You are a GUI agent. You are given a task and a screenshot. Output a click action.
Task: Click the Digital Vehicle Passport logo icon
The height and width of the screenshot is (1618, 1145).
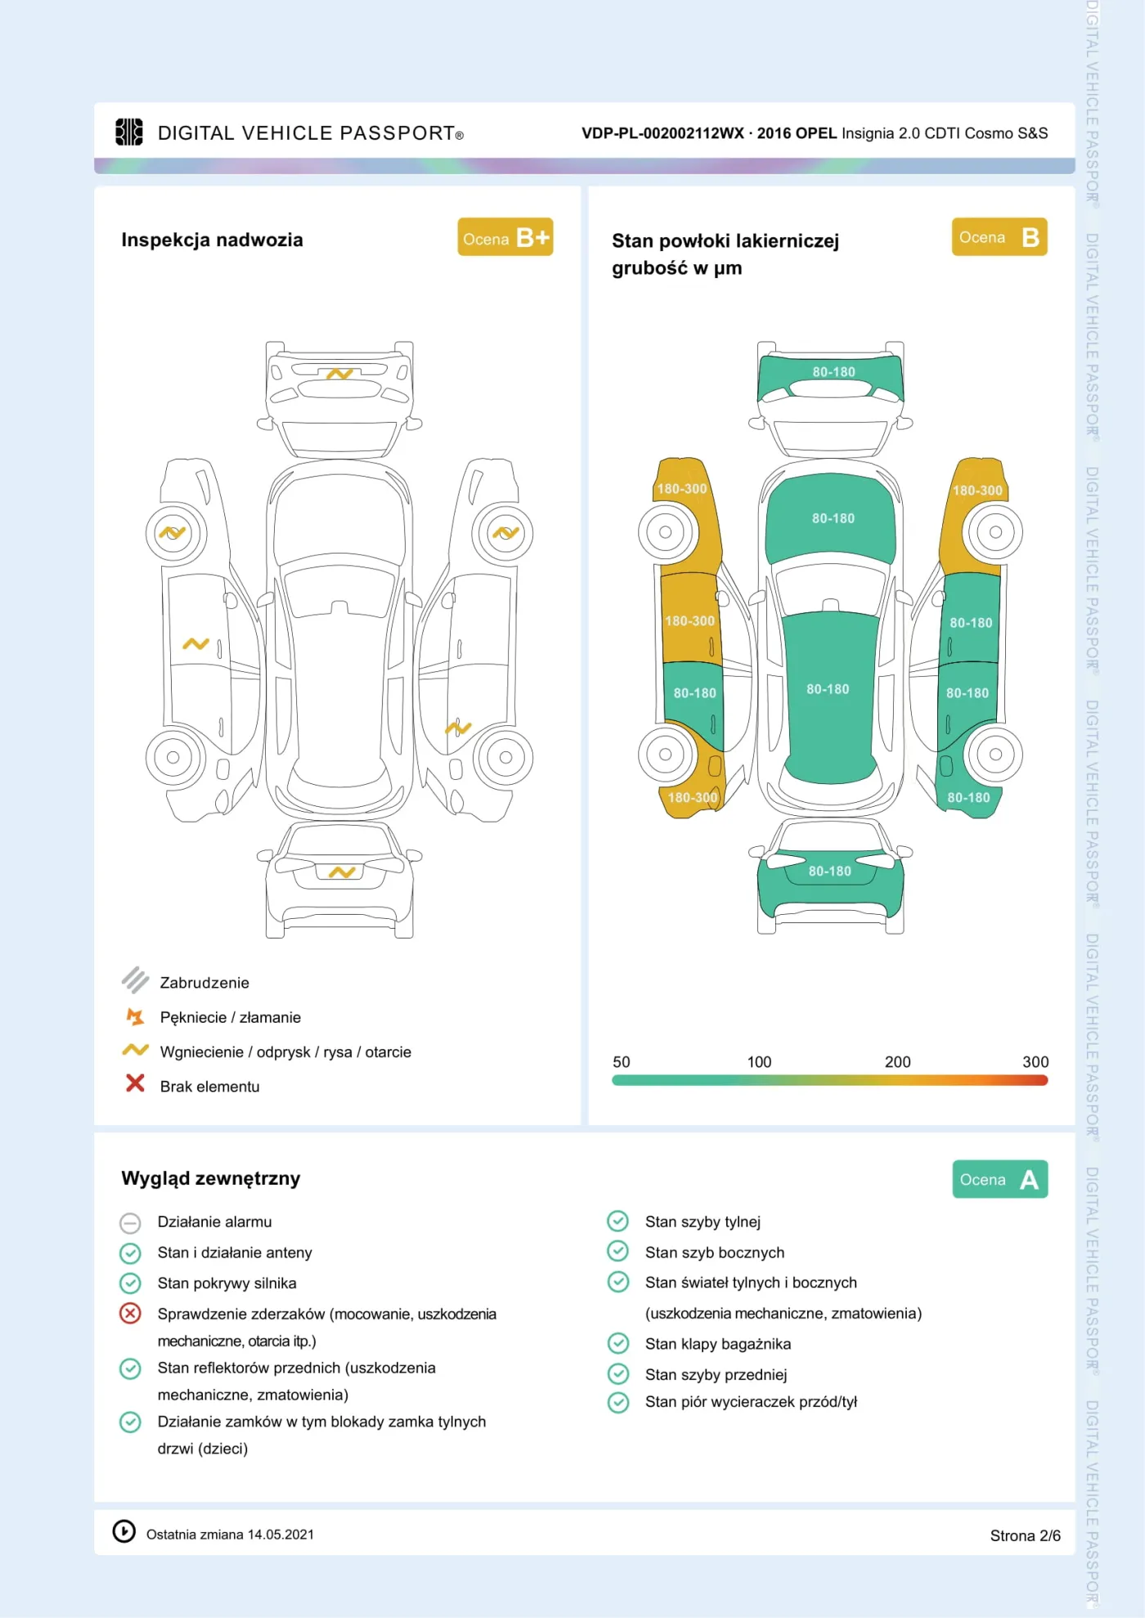129,132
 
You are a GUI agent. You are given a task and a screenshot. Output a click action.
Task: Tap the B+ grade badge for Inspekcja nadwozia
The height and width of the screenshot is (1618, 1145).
505,237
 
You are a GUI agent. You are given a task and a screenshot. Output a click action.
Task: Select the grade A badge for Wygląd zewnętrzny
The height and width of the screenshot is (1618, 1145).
999,1179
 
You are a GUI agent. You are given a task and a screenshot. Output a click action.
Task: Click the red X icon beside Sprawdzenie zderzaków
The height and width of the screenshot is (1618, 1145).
130,1313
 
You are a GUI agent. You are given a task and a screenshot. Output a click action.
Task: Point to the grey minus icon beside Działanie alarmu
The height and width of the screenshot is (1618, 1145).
130,1222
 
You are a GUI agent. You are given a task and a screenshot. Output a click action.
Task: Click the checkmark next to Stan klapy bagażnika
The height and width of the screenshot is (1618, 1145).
618,1343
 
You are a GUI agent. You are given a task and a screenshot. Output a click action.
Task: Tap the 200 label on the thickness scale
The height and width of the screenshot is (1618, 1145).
897,1061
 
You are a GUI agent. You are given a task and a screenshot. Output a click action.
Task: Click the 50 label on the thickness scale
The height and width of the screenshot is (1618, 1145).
622,1061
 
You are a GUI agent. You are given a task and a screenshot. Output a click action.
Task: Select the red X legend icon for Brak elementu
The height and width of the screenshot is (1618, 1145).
135,1083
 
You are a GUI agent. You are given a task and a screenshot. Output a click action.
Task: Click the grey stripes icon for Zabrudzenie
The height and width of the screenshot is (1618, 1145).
135,979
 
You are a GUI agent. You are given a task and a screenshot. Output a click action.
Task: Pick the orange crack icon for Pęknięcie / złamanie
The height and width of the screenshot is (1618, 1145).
135,1016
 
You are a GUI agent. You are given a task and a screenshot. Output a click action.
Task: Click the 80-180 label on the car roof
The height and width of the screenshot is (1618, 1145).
828,689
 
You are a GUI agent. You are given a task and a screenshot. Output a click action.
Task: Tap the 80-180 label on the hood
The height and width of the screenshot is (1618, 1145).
833,518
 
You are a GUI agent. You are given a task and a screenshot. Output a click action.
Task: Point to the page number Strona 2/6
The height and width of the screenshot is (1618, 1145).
1025,1535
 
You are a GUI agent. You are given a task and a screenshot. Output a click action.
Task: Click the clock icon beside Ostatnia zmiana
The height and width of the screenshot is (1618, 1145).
123,1531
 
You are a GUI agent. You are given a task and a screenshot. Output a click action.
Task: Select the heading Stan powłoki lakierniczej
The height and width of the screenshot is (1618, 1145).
725,241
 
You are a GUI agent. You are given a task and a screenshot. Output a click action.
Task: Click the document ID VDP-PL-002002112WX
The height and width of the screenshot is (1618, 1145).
663,133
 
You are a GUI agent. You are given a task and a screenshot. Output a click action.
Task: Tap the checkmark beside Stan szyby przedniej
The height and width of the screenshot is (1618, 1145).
618,1374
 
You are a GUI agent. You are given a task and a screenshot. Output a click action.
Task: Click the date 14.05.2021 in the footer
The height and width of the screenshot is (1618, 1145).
281,1535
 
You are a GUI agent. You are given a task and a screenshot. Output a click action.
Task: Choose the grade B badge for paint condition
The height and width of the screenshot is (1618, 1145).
999,237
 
